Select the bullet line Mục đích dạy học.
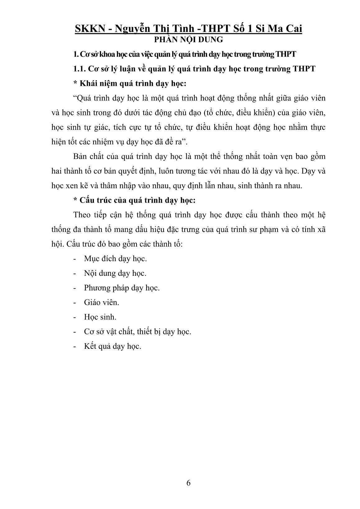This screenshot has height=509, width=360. tap(115, 258)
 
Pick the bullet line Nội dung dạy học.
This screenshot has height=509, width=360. tap(115, 273)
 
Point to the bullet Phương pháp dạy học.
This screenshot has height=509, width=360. tap(122, 288)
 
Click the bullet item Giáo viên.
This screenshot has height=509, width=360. tap(101, 302)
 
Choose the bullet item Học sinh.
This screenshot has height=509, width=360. tap(100, 317)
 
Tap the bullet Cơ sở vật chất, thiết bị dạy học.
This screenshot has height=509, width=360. tap(137, 331)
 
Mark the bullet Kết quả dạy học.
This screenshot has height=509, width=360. tap(113, 346)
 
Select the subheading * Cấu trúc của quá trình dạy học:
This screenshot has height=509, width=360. tap(134, 200)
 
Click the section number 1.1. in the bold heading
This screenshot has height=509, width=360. tap(79, 69)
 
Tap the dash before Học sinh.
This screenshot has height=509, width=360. tap(75, 317)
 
